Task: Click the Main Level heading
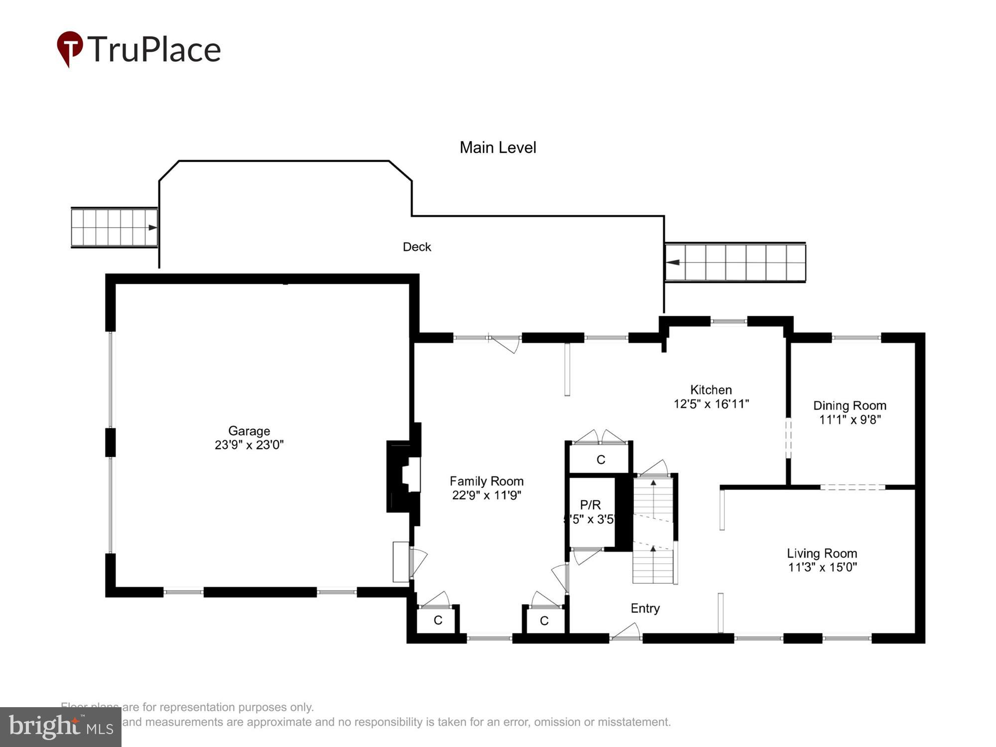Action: pyautogui.click(x=498, y=147)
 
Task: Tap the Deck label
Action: pyautogui.click(x=417, y=247)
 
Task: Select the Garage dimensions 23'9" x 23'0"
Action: pyautogui.click(x=249, y=445)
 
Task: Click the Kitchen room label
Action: pyautogui.click(x=711, y=390)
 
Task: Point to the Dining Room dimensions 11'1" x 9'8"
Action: pyautogui.click(x=850, y=420)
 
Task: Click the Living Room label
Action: pyautogui.click(x=822, y=553)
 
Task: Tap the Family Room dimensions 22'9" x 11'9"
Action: pyautogui.click(x=487, y=495)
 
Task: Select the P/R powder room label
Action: pyautogui.click(x=590, y=505)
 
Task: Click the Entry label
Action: pyautogui.click(x=645, y=608)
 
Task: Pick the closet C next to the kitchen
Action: pyautogui.click(x=601, y=460)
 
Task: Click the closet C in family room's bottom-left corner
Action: pyautogui.click(x=438, y=620)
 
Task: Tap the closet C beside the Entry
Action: pyautogui.click(x=544, y=621)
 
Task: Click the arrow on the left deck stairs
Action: pyautogui.click(x=152, y=228)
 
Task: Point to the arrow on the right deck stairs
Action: pyautogui.click(x=673, y=262)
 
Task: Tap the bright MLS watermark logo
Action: pyautogui.click(x=60, y=727)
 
